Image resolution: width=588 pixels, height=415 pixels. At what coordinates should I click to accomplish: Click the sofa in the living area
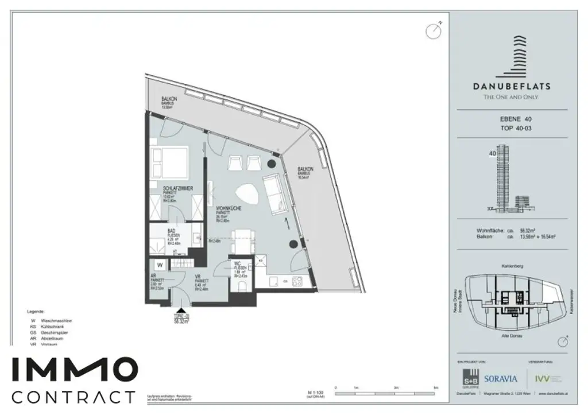[x=275, y=192]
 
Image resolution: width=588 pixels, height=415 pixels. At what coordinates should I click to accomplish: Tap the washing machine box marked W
[x=160, y=265]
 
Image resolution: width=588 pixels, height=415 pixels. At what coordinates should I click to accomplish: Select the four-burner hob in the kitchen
[x=297, y=282]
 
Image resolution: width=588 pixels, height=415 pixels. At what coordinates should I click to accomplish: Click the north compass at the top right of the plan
[x=434, y=31]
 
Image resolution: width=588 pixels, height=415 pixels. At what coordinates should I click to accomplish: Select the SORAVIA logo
[x=500, y=379]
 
